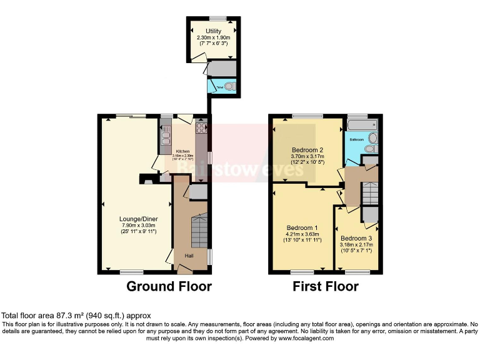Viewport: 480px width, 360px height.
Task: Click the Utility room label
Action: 214,31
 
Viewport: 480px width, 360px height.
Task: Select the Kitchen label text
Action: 182,151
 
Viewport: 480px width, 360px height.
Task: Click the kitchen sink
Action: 166,131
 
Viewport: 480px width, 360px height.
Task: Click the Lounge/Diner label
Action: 138,219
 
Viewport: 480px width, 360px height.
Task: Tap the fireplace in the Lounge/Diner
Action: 146,180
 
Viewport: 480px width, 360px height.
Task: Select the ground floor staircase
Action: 199,231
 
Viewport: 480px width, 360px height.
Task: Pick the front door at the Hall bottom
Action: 185,269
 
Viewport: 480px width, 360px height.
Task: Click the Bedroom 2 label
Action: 307,150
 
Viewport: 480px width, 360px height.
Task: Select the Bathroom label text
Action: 357,139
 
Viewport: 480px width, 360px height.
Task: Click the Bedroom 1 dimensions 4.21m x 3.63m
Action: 302,234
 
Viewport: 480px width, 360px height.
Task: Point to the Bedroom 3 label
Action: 356,238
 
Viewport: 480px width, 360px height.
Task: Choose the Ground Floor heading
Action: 169,287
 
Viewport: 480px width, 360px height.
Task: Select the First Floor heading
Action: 326,287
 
